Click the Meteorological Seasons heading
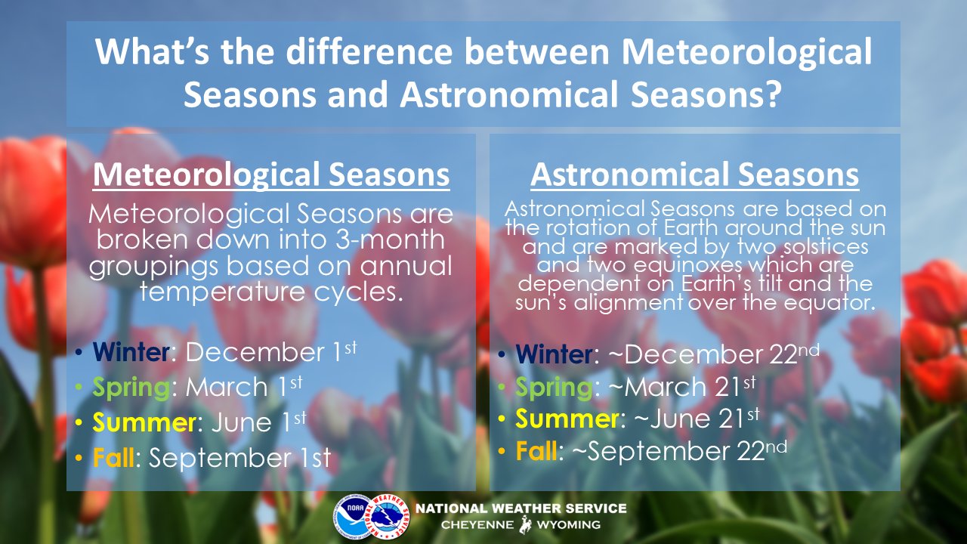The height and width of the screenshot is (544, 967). [x=271, y=175]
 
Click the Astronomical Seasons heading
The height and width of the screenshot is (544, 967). [x=694, y=175]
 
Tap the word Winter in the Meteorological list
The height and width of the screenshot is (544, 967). [x=131, y=352]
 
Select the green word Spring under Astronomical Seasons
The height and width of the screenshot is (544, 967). [x=554, y=387]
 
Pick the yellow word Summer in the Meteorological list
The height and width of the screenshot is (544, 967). [x=144, y=422]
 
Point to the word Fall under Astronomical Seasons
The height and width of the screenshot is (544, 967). [x=536, y=451]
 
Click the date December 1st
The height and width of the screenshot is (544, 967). [x=271, y=351]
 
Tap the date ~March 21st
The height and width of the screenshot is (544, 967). [x=682, y=386]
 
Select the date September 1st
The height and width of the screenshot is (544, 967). [x=240, y=458]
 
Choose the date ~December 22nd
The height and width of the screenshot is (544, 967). [x=713, y=354]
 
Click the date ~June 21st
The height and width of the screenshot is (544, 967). [x=697, y=419]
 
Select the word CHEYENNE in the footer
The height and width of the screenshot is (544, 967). [x=477, y=525]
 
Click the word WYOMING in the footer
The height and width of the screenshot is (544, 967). [x=568, y=525]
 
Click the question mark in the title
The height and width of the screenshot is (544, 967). [x=771, y=94]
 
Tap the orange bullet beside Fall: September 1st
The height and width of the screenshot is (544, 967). [x=78, y=458]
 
